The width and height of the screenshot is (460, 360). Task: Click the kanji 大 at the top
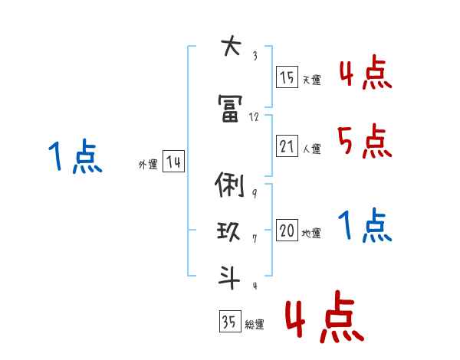(230, 47)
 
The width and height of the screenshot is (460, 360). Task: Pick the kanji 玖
(230, 231)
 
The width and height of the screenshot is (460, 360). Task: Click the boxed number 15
(287, 77)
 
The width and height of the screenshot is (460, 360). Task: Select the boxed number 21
(287, 146)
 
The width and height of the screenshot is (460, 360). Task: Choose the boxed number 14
(173, 162)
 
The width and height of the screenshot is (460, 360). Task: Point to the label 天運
(311, 80)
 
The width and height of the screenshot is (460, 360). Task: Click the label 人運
(311, 149)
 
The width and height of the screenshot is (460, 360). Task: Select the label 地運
(311, 234)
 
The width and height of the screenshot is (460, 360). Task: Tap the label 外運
(147, 164)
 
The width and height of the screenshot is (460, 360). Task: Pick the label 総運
(255, 324)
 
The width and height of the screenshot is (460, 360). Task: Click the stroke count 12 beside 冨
(255, 116)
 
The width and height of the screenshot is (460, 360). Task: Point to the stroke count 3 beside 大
(254, 55)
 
